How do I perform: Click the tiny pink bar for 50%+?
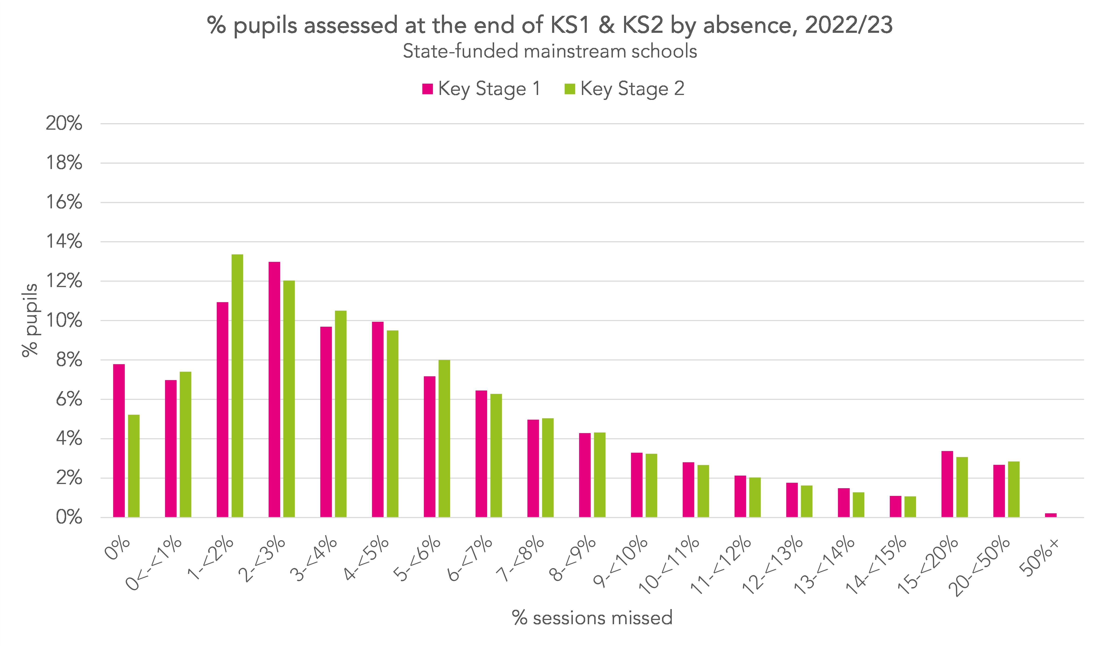point(1051,515)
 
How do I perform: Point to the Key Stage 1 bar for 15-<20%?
point(947,484)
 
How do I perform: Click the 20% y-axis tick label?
point(64,124)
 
